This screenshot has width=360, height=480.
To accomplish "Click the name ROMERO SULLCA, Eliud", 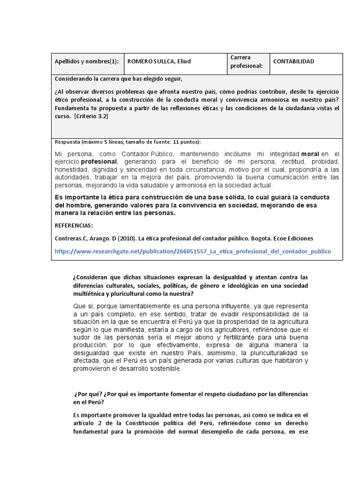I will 159,61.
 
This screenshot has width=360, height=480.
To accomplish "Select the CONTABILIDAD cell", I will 293,61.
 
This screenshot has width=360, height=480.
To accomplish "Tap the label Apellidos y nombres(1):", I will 87,61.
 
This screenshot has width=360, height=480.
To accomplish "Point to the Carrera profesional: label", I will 246,61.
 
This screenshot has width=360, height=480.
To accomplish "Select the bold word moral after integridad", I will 310,154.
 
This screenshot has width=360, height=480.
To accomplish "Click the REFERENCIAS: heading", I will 74,225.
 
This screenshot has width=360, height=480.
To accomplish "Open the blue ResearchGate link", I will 193,251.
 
